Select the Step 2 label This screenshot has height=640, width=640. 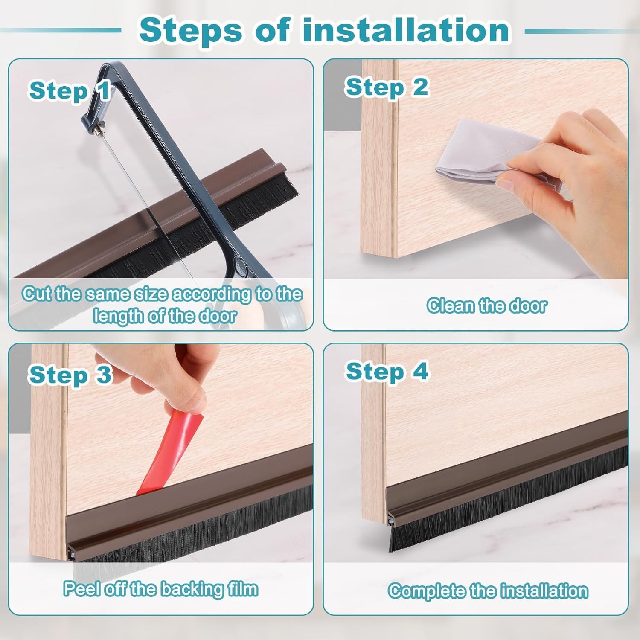pos(387,87)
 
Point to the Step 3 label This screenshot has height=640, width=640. pos(70,375)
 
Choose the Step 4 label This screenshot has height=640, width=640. pos(387,371)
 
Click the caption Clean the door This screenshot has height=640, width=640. pos(486,306)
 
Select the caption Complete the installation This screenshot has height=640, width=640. pos(488,591)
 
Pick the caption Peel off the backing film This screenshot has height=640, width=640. pos(161,589)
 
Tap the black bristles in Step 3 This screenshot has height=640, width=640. pos(192,533)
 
